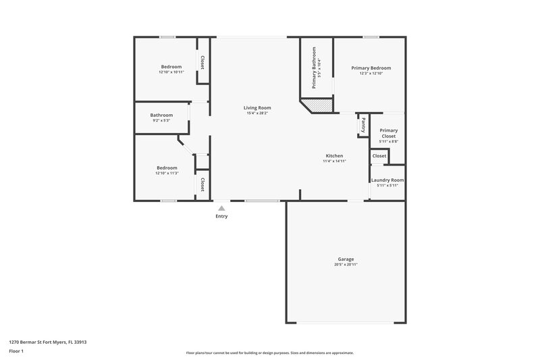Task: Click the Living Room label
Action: (x=257, y=107)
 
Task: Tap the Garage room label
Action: (x=346, y=259)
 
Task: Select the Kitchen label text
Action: (x=334, y=156)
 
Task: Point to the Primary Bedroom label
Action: (x=371, y=68)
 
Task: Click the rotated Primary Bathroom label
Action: (x=315, y=69)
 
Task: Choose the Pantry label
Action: (x=363, y=124)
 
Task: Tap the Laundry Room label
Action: (x=387, y=180)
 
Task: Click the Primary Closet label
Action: (x=388, y=133)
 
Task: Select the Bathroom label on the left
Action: (x=161, y=115)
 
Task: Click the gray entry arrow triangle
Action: (x=221, y=209)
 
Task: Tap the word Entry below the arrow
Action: (x=221, y=216)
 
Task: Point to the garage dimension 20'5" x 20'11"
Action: (x=346, y=264)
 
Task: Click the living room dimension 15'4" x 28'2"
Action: (x=257, y=113)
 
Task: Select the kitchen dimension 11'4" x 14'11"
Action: (x=334, y=161)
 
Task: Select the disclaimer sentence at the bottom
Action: (x=269, y=353)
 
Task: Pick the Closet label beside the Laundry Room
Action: (x=379, y=156)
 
